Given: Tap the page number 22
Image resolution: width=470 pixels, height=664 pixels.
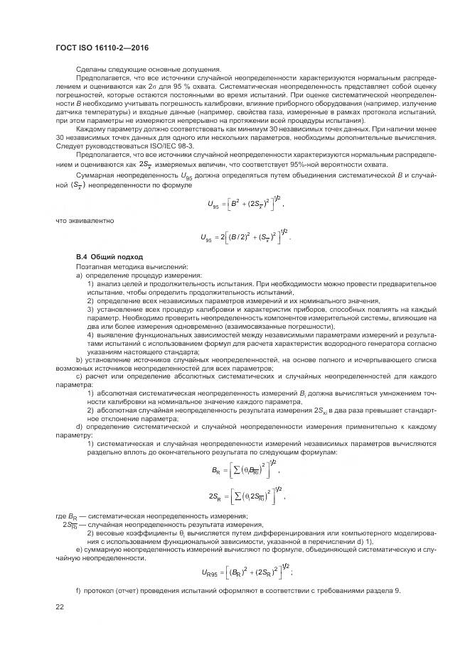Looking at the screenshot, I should tap(60, 606).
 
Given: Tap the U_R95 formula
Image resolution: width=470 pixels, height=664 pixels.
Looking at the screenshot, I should tap(248, 571).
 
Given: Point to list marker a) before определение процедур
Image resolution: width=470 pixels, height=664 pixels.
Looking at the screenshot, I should tap(79, 275).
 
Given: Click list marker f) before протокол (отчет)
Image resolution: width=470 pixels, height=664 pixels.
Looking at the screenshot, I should tap(78, 591).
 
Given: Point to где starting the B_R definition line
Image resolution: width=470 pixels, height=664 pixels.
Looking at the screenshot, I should tap(60, 515).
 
